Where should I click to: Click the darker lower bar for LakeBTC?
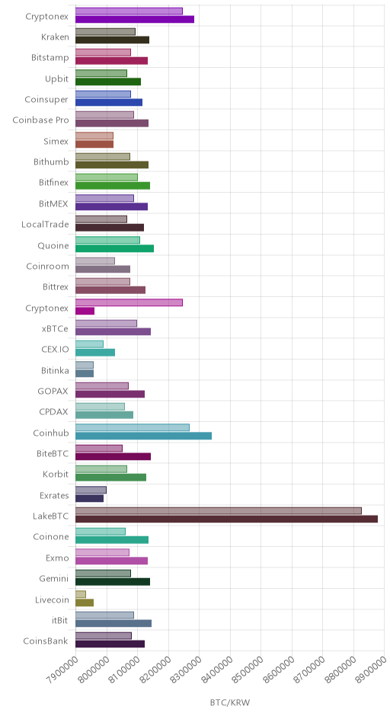[x=226, y=519]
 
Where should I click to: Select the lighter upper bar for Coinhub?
[x=133, y=427]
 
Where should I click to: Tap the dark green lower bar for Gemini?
[x=113, y=581]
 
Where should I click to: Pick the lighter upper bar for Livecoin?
[x=81, y=594]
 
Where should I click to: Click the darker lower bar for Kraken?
[x=112, y=40]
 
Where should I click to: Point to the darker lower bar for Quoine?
[x=114, y=248]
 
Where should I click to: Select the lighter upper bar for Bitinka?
[x=85, y=365]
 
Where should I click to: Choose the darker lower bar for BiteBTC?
[x=113, y=456]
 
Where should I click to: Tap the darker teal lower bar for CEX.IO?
[x=95, y=353]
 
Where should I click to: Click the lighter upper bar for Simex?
[x=94, y=136]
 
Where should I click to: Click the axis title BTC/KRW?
[x=230, y=702]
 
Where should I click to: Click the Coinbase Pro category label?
[x=40, y=120]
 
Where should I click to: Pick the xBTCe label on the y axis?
[x=55, y=329]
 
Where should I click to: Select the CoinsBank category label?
[x=46, y=641]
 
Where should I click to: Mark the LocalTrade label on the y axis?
[x=45, y=224]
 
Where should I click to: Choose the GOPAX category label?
[x=53, y=391]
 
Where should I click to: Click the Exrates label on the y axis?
[x=54, y=495]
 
